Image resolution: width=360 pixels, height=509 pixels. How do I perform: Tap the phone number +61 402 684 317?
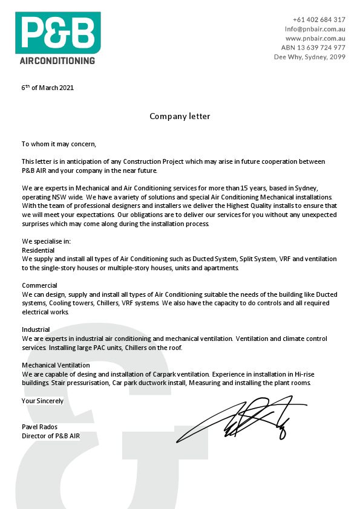319,19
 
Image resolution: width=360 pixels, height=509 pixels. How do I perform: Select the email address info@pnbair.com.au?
315,28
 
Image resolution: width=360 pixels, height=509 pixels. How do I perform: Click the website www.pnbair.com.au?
315,38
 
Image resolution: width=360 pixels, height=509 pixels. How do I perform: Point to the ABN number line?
313,47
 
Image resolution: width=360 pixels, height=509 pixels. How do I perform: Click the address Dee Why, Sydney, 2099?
310,57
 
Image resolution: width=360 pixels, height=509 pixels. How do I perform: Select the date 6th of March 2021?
48,88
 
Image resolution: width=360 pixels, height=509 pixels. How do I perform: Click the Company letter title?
180,116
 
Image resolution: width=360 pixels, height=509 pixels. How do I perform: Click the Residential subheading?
38,250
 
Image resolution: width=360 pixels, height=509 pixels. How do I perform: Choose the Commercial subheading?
39,285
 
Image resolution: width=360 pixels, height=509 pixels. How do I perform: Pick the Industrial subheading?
36,330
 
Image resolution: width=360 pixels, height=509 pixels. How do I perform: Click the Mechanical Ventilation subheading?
56,365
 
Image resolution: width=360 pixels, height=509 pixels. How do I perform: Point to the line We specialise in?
46,241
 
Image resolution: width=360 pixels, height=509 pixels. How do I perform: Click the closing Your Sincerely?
42,400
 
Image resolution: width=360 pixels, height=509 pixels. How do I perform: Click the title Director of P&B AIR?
51,436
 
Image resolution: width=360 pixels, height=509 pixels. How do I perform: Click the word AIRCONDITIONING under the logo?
57,60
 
